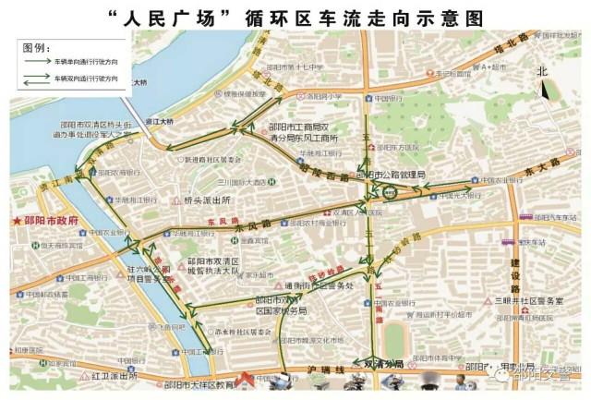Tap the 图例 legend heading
tap(34, 47)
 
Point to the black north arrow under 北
tap(545, 90)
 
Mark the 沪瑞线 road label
tap(326, 370)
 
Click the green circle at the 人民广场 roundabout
tap(390, 193)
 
